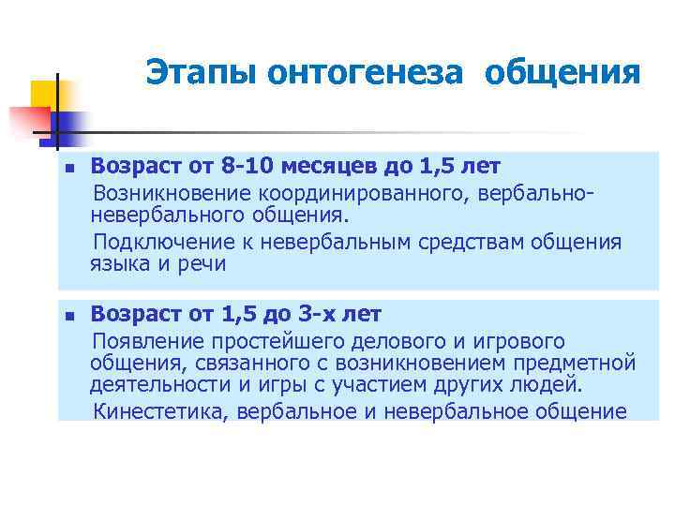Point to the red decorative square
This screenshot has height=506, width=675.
[28, 122]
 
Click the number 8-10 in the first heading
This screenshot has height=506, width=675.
[252, 167]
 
